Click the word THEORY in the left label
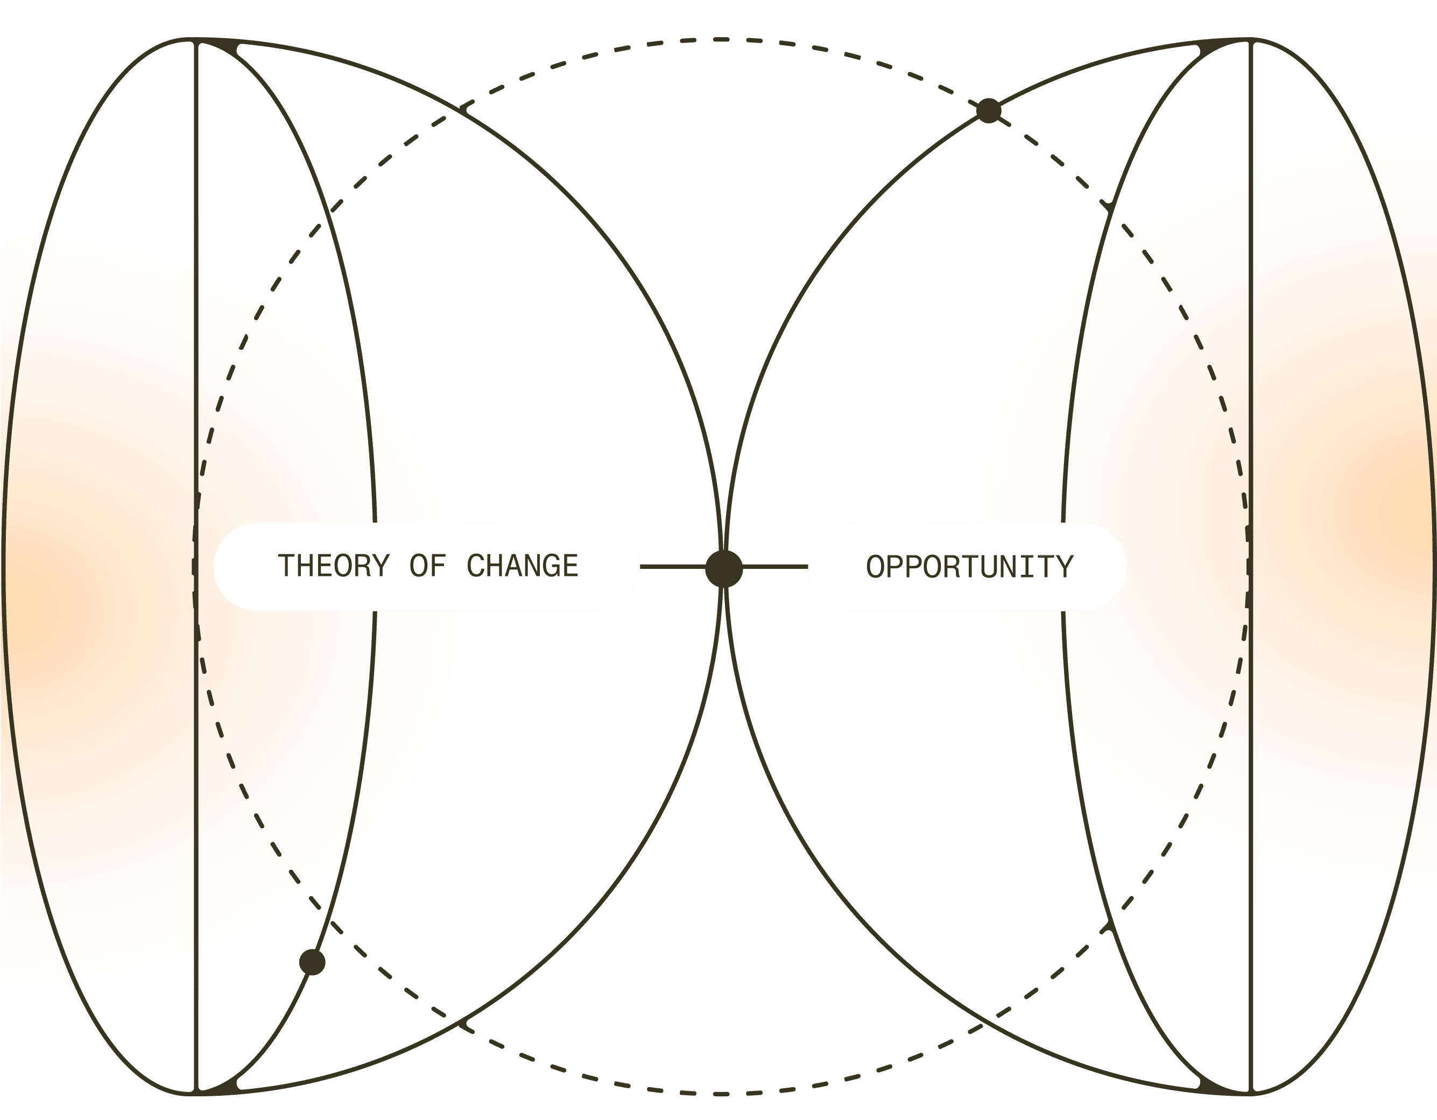(x=334, y=567)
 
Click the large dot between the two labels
(x=724, y=568)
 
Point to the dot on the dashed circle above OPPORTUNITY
(x=988, y=110)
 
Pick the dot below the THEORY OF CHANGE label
(x=312, y=962)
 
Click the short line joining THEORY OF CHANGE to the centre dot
(x=671, y=567)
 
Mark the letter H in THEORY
(x=305, y=567)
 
